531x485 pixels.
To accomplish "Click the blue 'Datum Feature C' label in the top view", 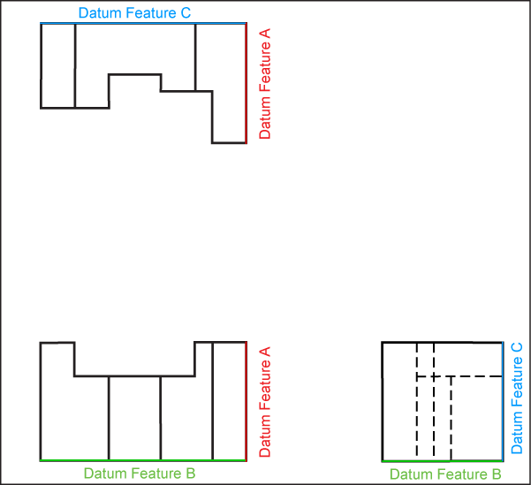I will click(x=134, y=14).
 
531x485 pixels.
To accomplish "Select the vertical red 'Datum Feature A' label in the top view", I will click(x=265, y=84).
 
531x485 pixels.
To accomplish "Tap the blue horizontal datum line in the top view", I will click(x=141, y=24).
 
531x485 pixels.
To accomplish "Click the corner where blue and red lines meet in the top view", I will click(x=246, y=24).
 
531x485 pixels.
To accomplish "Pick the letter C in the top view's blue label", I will click(x=186, y=14).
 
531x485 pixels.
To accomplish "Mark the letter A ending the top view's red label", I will click(x=265, y=34).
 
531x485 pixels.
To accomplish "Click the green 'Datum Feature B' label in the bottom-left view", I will click(x=140, y=474).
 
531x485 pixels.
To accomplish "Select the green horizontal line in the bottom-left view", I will click(x=141, y=460).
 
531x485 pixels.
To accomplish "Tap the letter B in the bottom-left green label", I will click(x=191, y=474).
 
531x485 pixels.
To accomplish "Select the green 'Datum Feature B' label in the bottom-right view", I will click(x=446, y=474).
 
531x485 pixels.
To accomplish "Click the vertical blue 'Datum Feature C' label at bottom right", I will click(x=518, y=398).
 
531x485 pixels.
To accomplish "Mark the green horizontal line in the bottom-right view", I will click(x=442, y=461).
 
